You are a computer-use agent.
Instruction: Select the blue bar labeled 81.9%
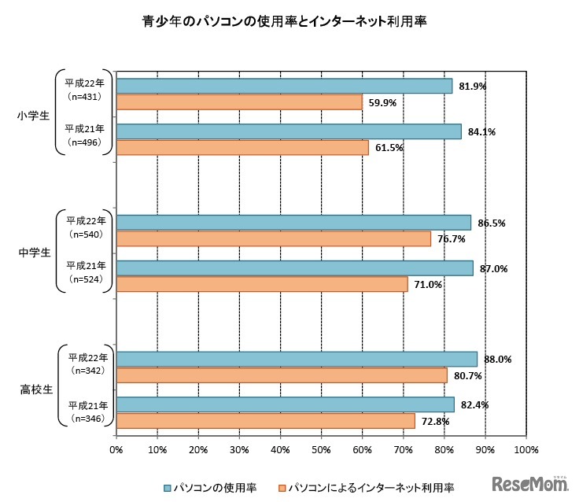pyautogui.click(x=284, y=86)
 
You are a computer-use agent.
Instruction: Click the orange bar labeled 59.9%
pyautogui.click(x=239, y=102)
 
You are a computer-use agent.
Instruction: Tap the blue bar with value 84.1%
pyautogui.click(x=289, y=131)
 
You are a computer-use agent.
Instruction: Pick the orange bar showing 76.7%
pyautogui.click(x=274, y=238)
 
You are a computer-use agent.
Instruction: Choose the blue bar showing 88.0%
pyautogui.click(x=297, y=359)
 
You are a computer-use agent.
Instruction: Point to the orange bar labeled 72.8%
pyautogui.click(x=265, y=421)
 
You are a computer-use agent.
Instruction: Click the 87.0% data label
pyautogui.click(x=493, y=268)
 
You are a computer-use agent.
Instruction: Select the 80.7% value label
pyautogui.click(x=467, y=375)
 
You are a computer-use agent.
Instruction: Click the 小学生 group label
pyautogui.click(x=33, y=116)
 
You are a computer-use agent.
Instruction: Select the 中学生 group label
pyautogui.click(x=33, y=253)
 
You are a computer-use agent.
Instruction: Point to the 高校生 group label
pyautogui.click(x=33, y=389)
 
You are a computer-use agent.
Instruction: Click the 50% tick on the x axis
pyautogui.click(x=321, y=449)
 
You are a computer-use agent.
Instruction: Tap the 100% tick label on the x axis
pyautogui.click(x=526, y=449)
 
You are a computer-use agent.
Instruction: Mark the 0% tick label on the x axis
pyautogui.click(x=116, y=449)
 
